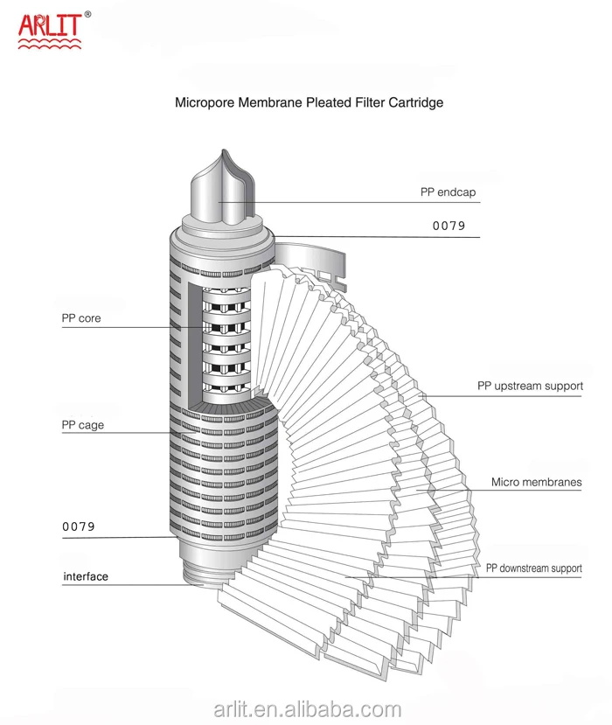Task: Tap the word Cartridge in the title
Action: coord(415,102)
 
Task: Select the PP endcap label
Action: coord(454,192)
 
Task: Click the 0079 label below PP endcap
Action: coord(449,226)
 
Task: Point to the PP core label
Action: coord(81,318)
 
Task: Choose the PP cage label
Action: coord(83,425)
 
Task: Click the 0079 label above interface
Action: coord(78,526)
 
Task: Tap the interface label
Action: coord(86,576)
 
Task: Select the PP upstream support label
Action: coord(530,386)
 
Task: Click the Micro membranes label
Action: coord(536,482)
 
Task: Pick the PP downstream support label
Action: coord(533,568)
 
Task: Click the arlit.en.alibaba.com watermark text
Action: coord(306,709)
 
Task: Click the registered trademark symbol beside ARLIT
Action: coord(87,14)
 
